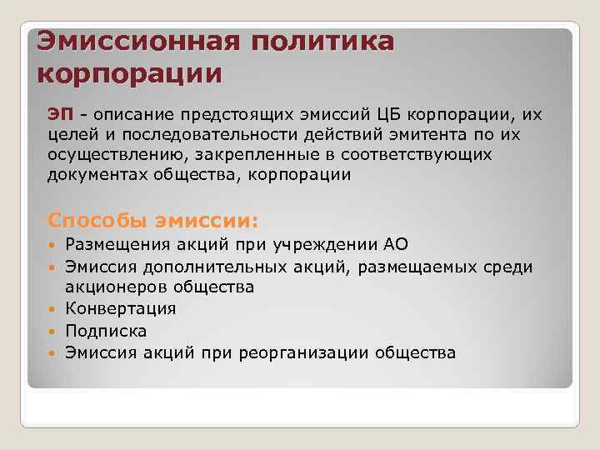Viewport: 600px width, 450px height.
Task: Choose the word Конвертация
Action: point(121,309)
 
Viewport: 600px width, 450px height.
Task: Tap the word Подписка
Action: point(106,331)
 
